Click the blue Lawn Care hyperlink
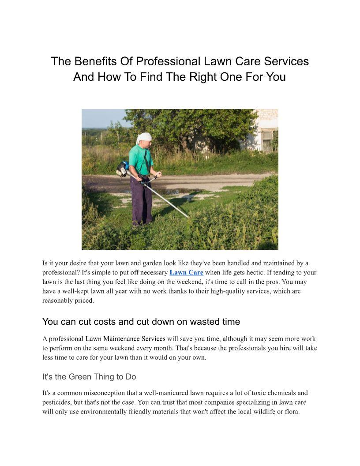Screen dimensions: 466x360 click(x=186, y=273)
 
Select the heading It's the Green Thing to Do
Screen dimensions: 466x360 click(x=89, y=377)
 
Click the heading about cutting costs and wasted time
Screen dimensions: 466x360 click(x=141, y=322)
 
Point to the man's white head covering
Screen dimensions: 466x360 click(x=144, y=138)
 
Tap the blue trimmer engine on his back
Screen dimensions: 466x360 click(x=123, y=168)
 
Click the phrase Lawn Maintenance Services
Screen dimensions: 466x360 click(x=125, y=339)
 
